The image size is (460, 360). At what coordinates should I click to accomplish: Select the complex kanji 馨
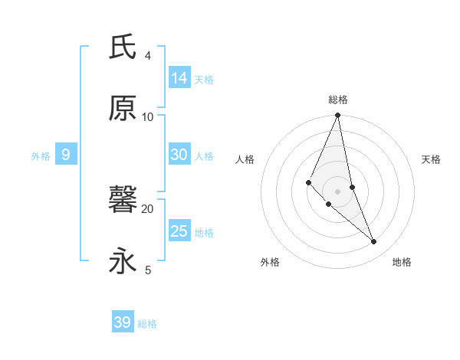tap(123, 201)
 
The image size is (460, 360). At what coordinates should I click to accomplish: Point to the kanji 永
tap(123, 261)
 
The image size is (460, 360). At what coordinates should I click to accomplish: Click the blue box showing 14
tap(179, 78)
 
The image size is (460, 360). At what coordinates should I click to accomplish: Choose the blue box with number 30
tap(179, 155)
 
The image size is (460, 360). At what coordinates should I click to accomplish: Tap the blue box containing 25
tap(179, 231)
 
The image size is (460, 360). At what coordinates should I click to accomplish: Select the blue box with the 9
tap(66, 155)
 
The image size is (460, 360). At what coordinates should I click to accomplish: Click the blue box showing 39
tap(123, 322)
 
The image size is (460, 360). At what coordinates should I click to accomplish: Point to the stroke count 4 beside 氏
tap(147, 55)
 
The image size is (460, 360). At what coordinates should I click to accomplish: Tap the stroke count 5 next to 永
tap(147, 270)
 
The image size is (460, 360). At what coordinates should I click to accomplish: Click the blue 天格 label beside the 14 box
tap(204, 79)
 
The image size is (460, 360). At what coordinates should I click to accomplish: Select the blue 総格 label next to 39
tap(147, 323)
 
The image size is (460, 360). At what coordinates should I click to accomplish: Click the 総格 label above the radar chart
tap(338, 100)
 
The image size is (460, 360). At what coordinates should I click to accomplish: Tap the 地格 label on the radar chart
tap(402, 262)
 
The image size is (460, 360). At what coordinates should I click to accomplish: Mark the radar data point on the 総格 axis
tap(338, 116)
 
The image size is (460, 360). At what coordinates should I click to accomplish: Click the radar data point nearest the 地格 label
tap(374, 242)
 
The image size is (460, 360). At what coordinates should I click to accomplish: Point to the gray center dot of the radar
tap(338, 191)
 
